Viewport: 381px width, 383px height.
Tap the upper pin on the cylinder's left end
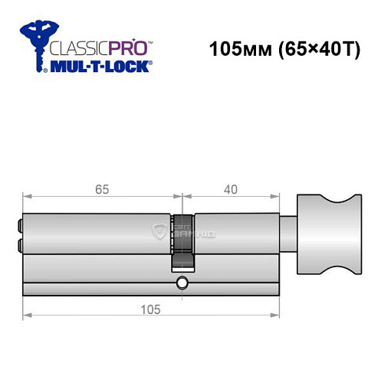[x=18, y=225]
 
